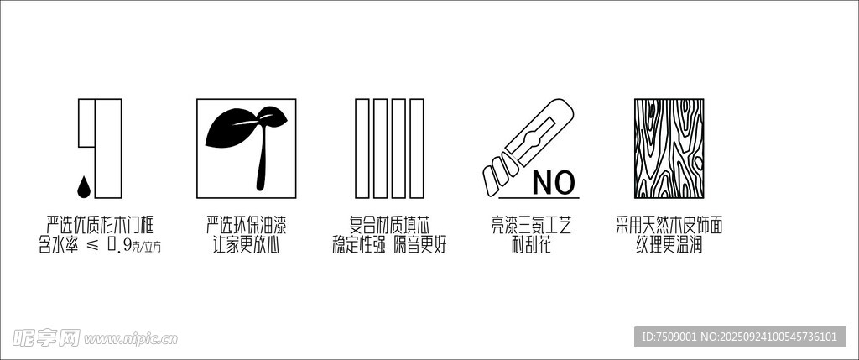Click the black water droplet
pos(83,186)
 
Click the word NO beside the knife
pos(554,183)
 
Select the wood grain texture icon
pos(669,148)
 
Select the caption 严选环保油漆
pos(247,225)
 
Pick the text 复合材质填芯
pos(389,225)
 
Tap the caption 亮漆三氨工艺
pos(531,225)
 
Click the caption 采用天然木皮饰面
pos(669,225)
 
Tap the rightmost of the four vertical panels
pos(417,148)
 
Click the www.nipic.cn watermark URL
pos(130,339)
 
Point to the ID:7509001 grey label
pos(740,337)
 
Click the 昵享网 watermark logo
pos(46,338)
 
